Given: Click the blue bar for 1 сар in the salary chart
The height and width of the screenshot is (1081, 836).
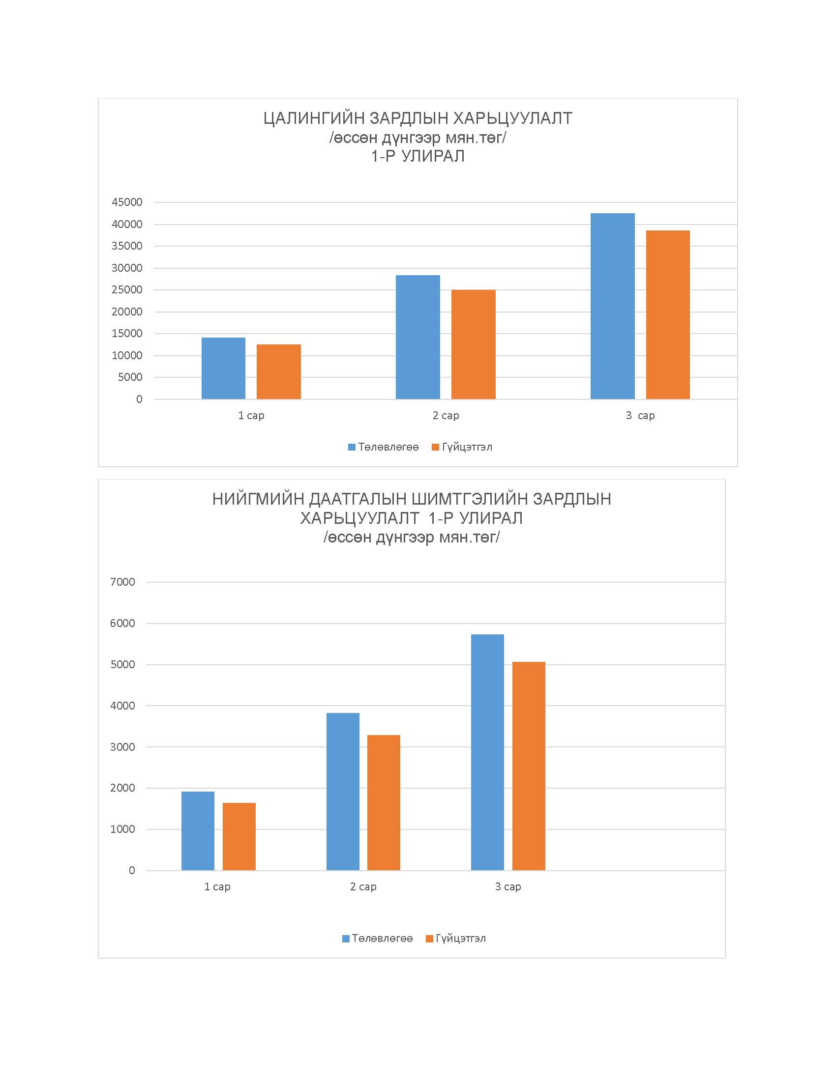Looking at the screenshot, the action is [x=223, y=368].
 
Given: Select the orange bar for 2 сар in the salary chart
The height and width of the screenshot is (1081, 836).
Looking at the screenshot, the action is [x=474, y=344].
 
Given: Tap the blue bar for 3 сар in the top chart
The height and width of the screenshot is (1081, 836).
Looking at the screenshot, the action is [x=613, y=306].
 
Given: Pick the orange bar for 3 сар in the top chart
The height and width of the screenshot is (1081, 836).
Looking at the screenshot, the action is [x=668, y=315].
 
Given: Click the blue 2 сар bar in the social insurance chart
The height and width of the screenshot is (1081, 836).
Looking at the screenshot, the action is [x=343, y=792].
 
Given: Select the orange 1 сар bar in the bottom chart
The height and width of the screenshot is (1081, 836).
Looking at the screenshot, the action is [x=239, y=836].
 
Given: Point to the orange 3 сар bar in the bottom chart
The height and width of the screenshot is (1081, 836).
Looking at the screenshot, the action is [x=529, y=766].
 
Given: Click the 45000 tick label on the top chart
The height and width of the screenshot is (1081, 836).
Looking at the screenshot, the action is [x=127, y=202].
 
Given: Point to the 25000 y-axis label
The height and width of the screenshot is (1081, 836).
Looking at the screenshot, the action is [x=127, y=289].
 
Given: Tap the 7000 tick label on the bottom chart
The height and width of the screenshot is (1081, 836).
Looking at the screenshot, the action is [x=123, y=582].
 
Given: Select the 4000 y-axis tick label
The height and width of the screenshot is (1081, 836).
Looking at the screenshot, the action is [x=123, y=706].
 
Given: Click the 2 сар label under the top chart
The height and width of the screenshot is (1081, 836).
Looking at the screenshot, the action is [x=446, y=415].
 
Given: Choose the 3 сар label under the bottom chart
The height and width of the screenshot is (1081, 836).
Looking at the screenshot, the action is [x=508, y=886].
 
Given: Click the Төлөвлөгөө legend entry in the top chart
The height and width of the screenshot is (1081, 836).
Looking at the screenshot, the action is [x=384, y=447].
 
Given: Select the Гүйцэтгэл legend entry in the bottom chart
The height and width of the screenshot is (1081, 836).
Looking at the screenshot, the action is [x=456, y=939].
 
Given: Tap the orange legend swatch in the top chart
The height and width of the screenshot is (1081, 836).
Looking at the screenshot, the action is [x=436, y=447].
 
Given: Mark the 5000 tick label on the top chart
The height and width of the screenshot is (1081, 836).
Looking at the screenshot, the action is [x=130, y=377].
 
